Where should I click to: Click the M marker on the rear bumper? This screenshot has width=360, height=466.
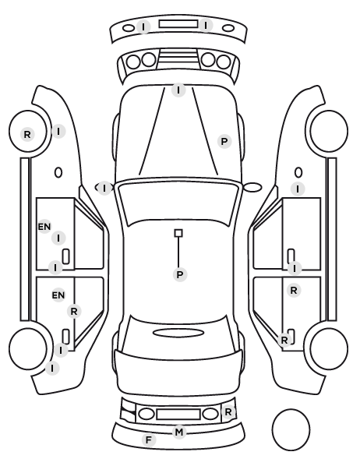[x=179, y=432]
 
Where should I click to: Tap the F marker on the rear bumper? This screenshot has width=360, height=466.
[x=149, y=440]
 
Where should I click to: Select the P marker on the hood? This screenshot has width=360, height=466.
[x=224, y=142]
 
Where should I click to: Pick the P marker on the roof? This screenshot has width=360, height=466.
[x=180, y=274]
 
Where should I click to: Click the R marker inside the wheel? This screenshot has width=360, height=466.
[x=27, y=134]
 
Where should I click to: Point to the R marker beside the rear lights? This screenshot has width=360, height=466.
[x=228, y=412]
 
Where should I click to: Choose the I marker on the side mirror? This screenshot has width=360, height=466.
[x=104, y=188]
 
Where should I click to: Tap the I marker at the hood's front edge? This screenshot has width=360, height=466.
[x=178, y=90]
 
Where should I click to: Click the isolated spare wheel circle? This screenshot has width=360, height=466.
[x=291, y=429]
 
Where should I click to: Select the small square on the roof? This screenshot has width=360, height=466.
[x=178, y=233]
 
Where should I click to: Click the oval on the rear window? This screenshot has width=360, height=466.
[x=178, y=333]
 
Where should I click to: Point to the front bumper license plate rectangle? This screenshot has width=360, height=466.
[x=178, y=24]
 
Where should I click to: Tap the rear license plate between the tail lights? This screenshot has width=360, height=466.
[x=178, y=414]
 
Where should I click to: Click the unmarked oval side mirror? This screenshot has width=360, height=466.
[x=252, y=187]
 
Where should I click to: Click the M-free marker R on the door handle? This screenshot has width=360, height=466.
[x=284, y=340]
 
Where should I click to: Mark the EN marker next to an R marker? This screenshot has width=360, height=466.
[x=58, y=295]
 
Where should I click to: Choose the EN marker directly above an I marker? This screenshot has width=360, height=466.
[x=44, y=227]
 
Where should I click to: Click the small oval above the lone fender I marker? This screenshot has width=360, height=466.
[x=298, y=172]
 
